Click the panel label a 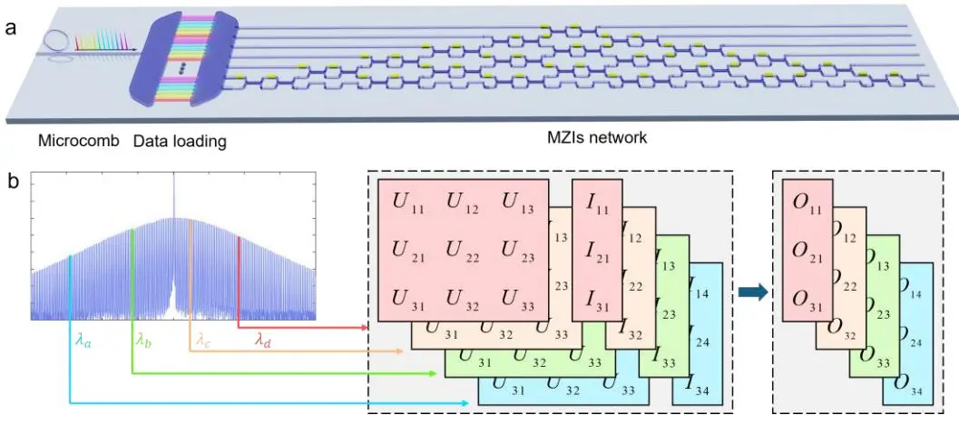11,27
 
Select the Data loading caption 180,141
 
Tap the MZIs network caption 591,139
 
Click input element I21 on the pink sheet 598,248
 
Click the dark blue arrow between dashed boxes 749,292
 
